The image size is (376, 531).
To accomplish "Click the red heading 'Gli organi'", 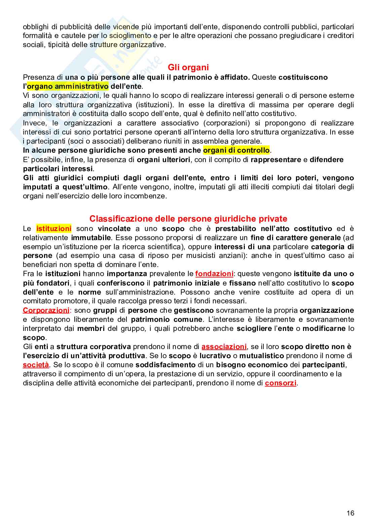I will pyautogui.click(x=188, y=68).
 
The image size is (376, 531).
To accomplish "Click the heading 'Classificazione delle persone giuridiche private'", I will pyautogui.click(x=188, y=219).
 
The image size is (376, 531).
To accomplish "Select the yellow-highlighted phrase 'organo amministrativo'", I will pyautogui.click(x=68, y=86).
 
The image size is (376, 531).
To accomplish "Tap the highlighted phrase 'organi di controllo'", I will pyautogui.click(x=236, y=150).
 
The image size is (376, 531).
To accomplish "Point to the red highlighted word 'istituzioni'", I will pyautogui.click(x=54, y=229).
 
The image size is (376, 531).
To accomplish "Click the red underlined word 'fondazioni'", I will pyautogui.click(x=214, y=274).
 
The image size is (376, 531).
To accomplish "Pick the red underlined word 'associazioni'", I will pyautogui.click(x=224, y=347).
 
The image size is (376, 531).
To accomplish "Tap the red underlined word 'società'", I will pyautogui.click(x=36, y=365).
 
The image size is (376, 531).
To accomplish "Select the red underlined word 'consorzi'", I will pyautogui.click(x=281, y=383).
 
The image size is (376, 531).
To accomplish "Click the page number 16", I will pyautogui.click(x=350, y=513).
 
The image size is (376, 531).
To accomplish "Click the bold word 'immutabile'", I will pyautogui.click(x=88, y=238).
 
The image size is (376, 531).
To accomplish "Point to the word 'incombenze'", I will pyautogui.click(x=148, y=196).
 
